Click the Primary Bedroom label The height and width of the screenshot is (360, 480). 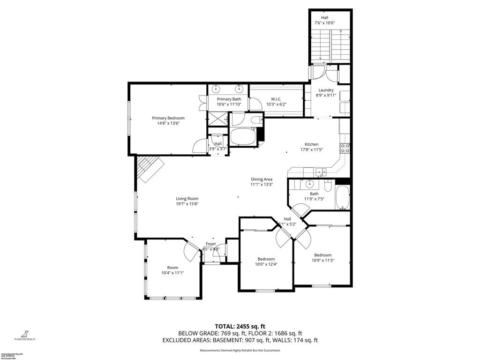point(168,118)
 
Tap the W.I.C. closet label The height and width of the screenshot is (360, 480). point(276,99)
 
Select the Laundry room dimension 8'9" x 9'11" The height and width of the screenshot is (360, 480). point(326,95)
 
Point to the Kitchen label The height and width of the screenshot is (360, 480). point(312,144)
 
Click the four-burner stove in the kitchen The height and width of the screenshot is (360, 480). point(345,149)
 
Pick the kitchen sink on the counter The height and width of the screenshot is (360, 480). point(321,172)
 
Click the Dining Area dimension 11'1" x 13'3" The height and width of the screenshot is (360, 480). point(262,185)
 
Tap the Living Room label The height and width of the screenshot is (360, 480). point(187,198)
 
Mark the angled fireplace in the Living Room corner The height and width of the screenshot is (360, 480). point(149,169)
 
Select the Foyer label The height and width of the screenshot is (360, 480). point(211,244)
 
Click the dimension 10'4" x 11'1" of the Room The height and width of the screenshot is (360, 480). point(172,273)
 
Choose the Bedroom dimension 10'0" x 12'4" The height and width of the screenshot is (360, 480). point(266,264)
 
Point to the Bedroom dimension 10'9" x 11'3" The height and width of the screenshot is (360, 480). point(322,261)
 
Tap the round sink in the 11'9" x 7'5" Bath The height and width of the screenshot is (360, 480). point(310,184)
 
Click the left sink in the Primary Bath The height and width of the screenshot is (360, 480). point(216,89)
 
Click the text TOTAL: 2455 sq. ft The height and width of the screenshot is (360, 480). point(240,326)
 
